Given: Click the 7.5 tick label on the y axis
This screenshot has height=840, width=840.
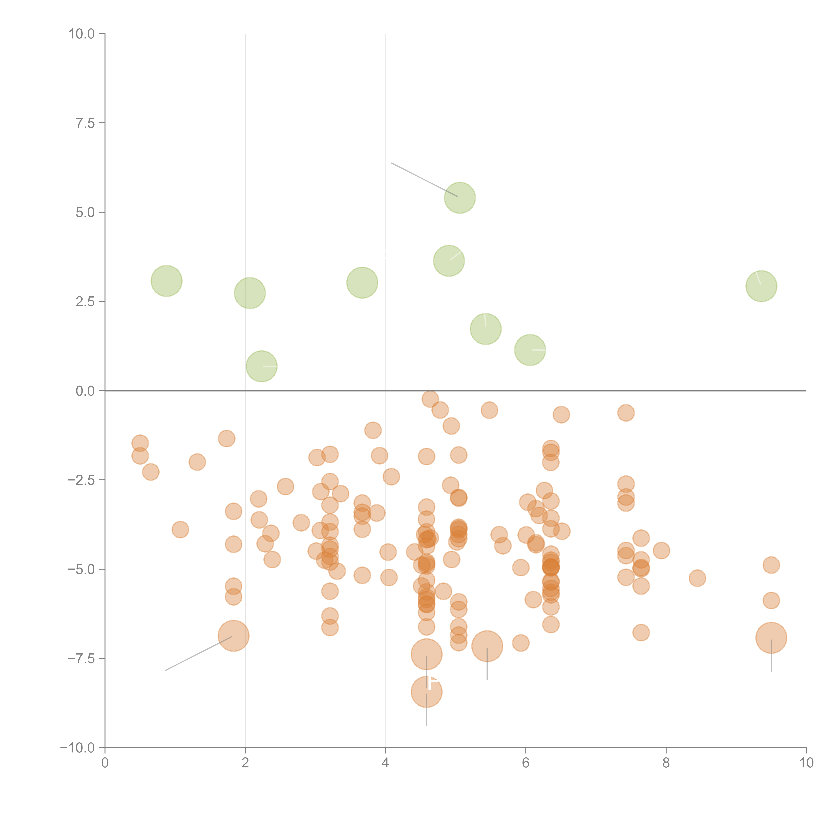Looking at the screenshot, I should click(x=85, y=123).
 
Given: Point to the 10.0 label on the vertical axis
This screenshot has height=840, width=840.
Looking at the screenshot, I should click(x=82, y=34).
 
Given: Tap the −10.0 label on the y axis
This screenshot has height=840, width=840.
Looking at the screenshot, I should click(x=77, y=748).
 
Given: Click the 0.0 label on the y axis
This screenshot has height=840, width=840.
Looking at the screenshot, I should click(x=85, y=391).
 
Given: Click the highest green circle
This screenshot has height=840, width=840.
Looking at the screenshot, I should click(x=460, y=198).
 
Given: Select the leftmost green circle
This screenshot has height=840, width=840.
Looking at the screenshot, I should click(x=166, y=281).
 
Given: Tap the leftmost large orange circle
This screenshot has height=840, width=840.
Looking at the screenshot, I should click(x=234, y=636).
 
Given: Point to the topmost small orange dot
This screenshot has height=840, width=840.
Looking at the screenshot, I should click(x=430, y=399).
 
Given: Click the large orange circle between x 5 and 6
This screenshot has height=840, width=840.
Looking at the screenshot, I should click(x=487, y=646).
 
